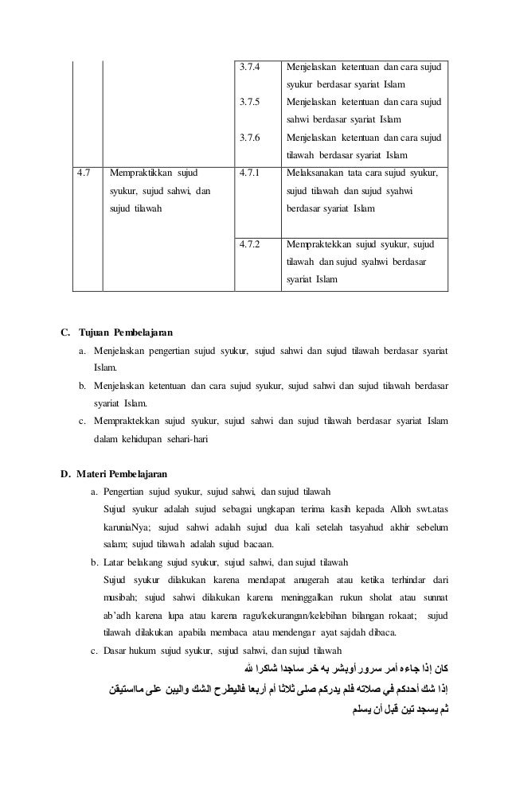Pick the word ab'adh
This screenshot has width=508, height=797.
pos(119,615)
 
